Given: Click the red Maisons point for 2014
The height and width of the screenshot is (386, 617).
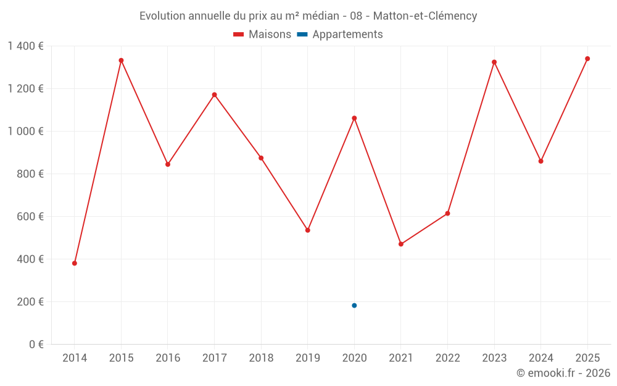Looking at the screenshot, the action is pyautogui.click(x=75, y=263).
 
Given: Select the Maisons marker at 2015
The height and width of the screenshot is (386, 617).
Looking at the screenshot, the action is pyautogui.click(x=121, y=61).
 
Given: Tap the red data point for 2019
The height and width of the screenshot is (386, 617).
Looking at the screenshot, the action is pyautogui.click(x=308, y=230).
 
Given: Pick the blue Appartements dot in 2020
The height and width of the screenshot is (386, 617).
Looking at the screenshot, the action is pyautogui.click(x=354, y=305).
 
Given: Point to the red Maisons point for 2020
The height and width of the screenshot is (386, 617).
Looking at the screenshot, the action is pyautogui.click(x=354, y=118).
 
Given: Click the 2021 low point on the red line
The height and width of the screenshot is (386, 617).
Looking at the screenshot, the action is pyautogui.click(x=401, y=244).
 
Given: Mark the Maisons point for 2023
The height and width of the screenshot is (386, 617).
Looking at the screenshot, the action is pyautogui.click(x=494, y=62).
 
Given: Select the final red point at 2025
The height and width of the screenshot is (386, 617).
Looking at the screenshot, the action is pyautogui.click(x=587, y=59).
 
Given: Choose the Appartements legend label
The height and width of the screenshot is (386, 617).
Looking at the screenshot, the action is pyautogui.click(x=347, y=35).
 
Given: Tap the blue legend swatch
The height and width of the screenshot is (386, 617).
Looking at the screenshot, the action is pyautogui.click(x=302, y=35).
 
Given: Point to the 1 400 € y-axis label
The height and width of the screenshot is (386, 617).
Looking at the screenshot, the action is pyautogui.click(x=25, y=46).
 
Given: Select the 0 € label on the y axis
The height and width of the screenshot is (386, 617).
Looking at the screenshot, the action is pyautogui.click(x=36, y=345).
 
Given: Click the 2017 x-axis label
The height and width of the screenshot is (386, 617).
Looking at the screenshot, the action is pyautogui.click(x=214, y=358).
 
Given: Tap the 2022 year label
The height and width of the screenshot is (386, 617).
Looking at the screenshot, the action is pyautogui.click(x=447, y=358).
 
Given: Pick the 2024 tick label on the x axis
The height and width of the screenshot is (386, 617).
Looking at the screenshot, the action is pyautogui.click(x=540, y=358).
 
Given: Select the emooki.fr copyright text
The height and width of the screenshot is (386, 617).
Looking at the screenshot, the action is pyautogui.click(x=563, y=373).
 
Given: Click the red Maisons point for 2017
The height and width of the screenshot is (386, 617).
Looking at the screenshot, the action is pyautogui.click(x=214, y=94).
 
